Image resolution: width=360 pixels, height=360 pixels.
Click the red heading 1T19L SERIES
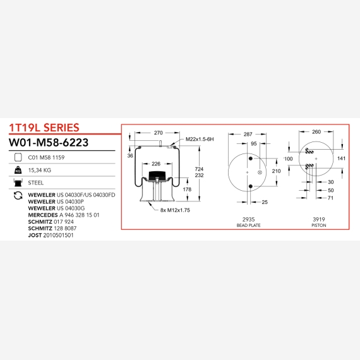pyautogui.click(x=44, y=128)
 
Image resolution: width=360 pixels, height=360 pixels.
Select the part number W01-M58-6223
pyautogui.click(x=49, y=142)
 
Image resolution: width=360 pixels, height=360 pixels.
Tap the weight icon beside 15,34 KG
pyautogui.click(x=18, y=170)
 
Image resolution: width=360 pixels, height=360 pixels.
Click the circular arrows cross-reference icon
pyautogui.click(x=18, y=196)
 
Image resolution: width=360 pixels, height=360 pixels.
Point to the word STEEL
pyautogui.click(x=35, y=183)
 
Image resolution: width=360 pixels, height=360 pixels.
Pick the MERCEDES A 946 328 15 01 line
pyautogui.click(x=64, y=215)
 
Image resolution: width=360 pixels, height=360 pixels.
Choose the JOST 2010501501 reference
pyautogui.click(x=51, y=235)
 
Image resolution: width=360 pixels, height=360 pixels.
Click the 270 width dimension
pyautogui.click(x=158, y=133)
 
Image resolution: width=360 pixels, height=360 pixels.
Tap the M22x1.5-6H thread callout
pyautogui.click(x=200, y=139)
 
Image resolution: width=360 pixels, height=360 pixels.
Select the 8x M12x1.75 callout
pyautogui.click(x=175, y=210)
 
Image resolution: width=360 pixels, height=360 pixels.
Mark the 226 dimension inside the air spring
pyautogui.click(x=156, y=164)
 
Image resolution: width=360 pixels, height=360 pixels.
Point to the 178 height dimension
pyautogui.click(x=187, y=189)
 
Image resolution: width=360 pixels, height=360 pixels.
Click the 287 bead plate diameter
pyautogui.click(x=248, y=134)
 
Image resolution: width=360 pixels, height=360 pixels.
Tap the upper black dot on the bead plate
pyautogui.click(x=251, y=159)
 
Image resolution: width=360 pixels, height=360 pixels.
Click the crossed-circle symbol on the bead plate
pyautogui.click(x=260, y=172)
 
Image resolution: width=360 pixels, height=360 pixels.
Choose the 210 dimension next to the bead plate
pyautogui.click(x=276, y=171)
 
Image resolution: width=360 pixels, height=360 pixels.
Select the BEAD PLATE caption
pyautogui.click(x=248, y=225)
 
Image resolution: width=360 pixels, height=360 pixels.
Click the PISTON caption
pyautogui.click(x=319, y=225)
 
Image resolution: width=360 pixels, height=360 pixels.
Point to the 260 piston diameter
pyautogui.click(x=316, y=132)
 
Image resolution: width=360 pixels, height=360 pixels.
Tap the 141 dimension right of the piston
pyautogui.click(x=341, y=159)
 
